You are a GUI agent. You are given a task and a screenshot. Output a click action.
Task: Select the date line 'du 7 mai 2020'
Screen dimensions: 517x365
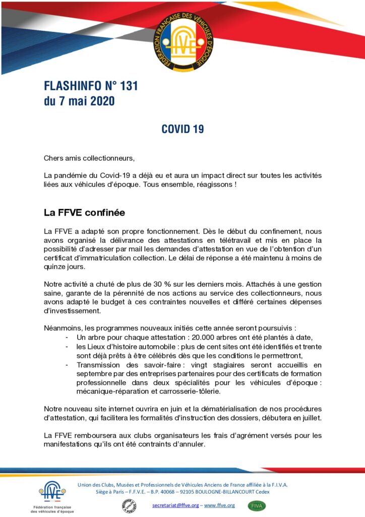(x=79, y=101)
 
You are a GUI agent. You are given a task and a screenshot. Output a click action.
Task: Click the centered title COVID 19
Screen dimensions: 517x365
(x=182, y=129)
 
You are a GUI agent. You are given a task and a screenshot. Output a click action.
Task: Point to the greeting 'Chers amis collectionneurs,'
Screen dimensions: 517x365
(x=89, y=159)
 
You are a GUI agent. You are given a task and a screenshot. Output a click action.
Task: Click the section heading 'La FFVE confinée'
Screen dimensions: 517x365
(x=84, y=213)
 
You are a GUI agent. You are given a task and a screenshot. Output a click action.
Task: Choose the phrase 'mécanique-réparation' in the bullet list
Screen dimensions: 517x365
(x=112, y=391)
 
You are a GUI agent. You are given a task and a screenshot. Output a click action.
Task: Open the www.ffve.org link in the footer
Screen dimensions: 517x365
(x=219, y=505)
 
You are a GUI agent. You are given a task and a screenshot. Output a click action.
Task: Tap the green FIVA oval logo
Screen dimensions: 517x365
(x=257, y=505)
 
